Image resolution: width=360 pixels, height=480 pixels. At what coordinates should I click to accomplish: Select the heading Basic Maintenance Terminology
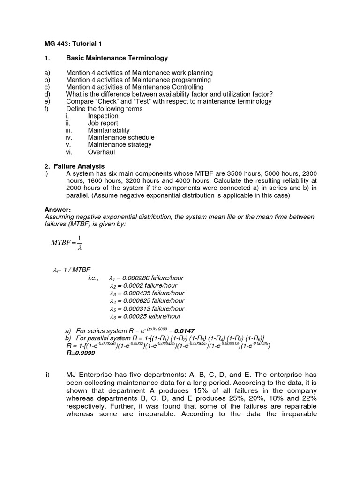point(117,58)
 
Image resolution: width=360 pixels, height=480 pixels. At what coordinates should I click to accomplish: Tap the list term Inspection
point(103,116)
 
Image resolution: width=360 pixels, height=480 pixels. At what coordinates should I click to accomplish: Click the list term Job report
point(103,123)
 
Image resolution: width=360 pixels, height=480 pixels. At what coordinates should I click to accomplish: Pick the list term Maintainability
point(109,130)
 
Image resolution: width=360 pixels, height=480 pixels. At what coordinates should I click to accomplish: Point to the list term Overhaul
point(101,152)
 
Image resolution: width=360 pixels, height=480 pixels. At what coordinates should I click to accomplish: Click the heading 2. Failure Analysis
point(75,166)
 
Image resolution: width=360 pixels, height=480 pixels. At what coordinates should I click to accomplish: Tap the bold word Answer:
point(57,210)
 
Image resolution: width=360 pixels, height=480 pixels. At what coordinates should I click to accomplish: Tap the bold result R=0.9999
point(81,353)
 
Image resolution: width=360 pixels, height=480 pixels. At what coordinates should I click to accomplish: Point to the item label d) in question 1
point(47,94)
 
